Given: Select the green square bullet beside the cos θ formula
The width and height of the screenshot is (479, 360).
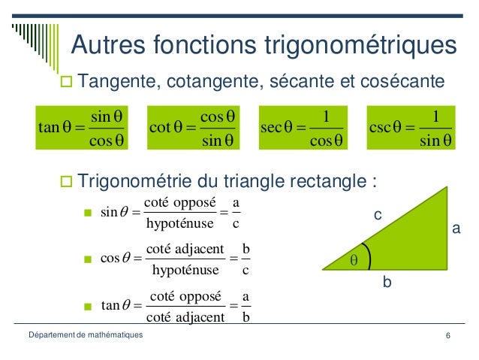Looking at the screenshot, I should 87,260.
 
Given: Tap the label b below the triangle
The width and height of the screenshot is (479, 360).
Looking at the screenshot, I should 387,284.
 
